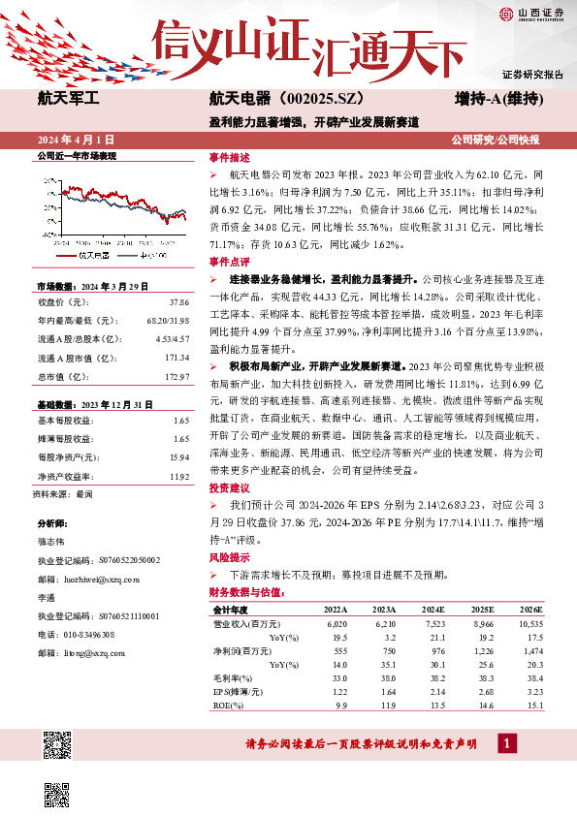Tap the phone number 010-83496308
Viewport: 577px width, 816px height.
pyautogui.click(x=90, y=635)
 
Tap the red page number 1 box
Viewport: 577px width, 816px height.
pyautogui.click(x=506, y=743)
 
